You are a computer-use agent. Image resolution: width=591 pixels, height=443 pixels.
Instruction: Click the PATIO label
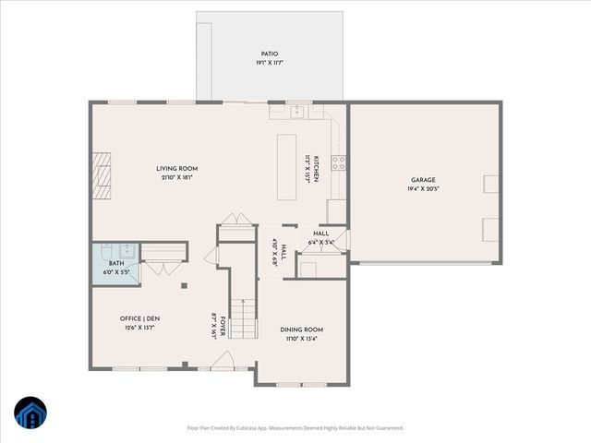point(269,54)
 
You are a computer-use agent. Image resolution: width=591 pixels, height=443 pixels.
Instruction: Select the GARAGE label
point(423,180)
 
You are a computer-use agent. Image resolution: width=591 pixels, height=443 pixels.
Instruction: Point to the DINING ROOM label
point(300,329)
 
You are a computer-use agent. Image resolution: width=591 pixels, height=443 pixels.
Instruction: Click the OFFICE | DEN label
point(140,318)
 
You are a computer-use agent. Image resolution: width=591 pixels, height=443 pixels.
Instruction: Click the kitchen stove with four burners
point(338,163)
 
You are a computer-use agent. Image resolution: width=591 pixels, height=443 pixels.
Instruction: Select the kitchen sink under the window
point(297,113)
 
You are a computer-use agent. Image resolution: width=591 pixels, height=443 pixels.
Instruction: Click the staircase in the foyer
point(243,318)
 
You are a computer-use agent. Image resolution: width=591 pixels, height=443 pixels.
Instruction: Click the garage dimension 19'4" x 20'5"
point(423,188)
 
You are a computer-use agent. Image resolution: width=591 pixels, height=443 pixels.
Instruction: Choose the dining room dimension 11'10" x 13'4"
point(300,338)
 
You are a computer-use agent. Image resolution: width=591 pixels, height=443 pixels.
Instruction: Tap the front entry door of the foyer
point(223,365)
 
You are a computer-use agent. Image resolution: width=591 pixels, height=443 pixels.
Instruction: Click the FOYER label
point(223,326)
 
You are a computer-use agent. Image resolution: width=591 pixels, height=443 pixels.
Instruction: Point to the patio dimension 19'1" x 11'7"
point(269,63)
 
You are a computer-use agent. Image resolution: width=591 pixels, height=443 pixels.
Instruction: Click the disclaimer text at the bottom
point(295,428)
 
